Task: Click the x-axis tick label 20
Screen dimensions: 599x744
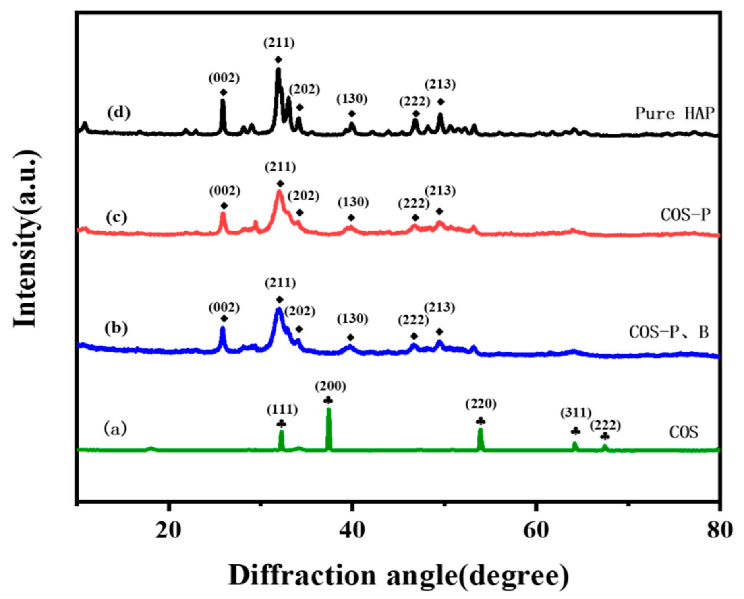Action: (168, 531)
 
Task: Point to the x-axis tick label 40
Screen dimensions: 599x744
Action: (352, 531)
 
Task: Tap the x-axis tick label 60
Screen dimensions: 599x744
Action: (536, 531)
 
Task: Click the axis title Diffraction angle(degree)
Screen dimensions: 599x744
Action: (398, 576)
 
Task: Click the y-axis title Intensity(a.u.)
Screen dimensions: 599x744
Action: (26, 239)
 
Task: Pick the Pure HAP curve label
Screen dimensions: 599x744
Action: (675, 113)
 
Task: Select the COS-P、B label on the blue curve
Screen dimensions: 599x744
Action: (669, 332)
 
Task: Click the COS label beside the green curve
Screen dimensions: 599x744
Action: (684, 432)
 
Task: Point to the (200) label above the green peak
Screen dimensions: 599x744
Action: (330, 387)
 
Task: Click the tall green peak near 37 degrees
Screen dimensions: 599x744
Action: (329, 426)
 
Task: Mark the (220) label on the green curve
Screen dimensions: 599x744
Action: (481, 404)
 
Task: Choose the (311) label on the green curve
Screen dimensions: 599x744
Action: (576, 413)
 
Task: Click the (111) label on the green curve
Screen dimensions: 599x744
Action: (282, 410)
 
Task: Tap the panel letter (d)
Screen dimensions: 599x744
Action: (118, 113)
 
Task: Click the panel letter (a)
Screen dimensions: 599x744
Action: (115, 429)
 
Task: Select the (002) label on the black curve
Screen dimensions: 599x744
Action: (224, 78)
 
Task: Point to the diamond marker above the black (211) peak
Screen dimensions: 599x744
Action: (278, 60)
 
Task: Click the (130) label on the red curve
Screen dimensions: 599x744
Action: (353, 202)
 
